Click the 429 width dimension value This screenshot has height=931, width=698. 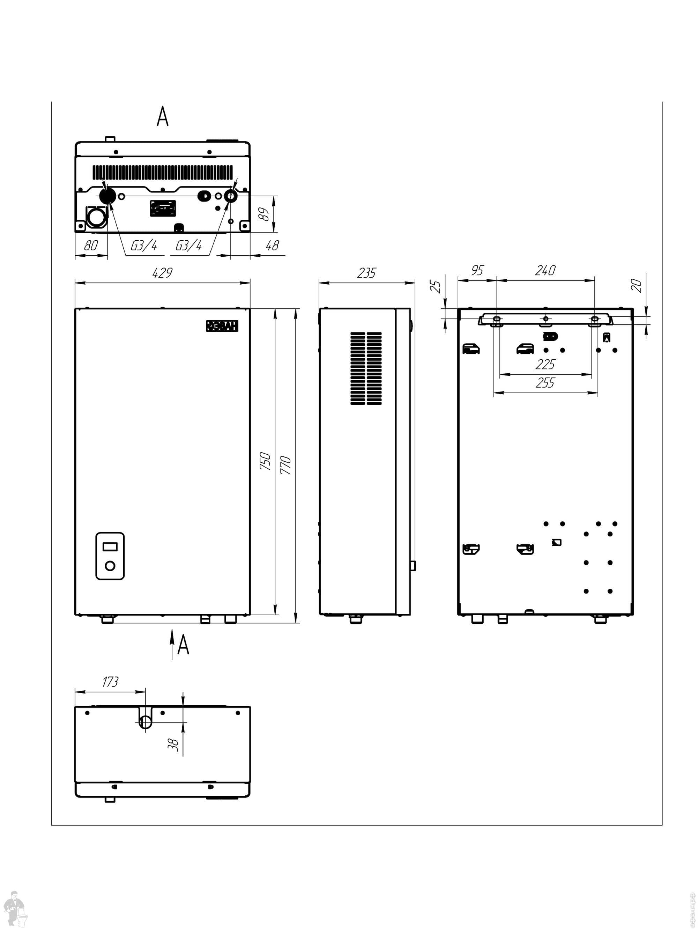[x=162, y=273]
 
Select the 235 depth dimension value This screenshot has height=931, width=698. [x=366, y=273]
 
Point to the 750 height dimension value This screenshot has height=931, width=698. [x=265, y=461]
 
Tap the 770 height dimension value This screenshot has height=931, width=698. [x=286, y=465]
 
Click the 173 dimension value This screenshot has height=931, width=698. [x=110, y=682]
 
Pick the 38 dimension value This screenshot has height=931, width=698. [x=173, y=744]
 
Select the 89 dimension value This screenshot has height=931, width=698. [x=264, y=214]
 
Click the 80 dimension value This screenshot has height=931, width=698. [x=91, y=245]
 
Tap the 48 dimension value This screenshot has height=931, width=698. [x=272, y=245]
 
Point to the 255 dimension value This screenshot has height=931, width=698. [x=545, y=383]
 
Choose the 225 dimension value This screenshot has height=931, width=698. [x=545, y=364]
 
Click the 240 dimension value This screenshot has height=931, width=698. [x=545, y=270]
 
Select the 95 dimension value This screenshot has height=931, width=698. [x=477, y=270]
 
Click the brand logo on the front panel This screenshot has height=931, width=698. [x=222, y=326]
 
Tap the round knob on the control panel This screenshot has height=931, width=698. [x=110, y=566]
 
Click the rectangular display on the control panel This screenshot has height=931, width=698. [x=110, y=547]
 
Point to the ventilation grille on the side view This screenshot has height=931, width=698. [x=366, y=368]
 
